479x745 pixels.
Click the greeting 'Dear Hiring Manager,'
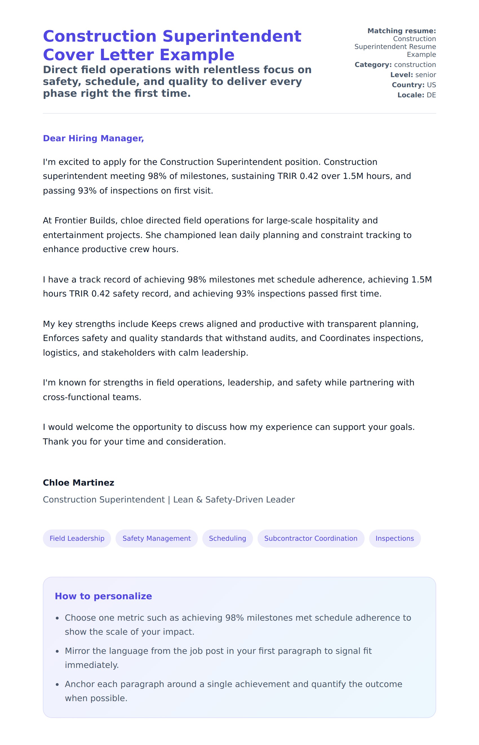93,138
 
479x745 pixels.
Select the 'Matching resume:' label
402,31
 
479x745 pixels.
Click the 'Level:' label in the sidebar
402,75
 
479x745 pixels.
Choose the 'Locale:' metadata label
411,95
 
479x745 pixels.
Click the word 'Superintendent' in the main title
232,36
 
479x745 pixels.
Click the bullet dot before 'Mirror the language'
57,651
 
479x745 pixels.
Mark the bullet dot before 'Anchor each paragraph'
57,685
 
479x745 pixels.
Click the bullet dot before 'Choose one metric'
57,618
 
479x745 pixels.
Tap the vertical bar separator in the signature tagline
169,500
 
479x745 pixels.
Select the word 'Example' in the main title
197,55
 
